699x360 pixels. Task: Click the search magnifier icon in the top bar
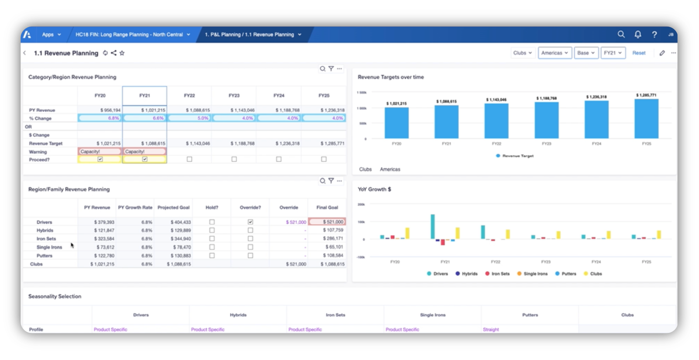621,34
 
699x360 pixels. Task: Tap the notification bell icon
638,34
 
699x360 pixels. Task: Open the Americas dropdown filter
554,53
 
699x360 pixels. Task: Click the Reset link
639,53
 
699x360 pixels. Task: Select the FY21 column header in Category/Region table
145,95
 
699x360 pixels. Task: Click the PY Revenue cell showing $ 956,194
110,110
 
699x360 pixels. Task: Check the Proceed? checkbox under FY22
189,159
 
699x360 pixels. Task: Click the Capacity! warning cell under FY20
100,152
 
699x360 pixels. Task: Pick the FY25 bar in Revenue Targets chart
646,119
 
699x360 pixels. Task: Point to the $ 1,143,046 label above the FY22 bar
496,100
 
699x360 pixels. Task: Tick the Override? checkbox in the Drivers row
251,222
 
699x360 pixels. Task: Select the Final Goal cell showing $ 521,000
327,222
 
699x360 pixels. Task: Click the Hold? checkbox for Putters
212,256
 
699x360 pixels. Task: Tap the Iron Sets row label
46,239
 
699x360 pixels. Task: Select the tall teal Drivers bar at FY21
433,226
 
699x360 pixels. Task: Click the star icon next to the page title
122,53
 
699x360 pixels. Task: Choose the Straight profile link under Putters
491,329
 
